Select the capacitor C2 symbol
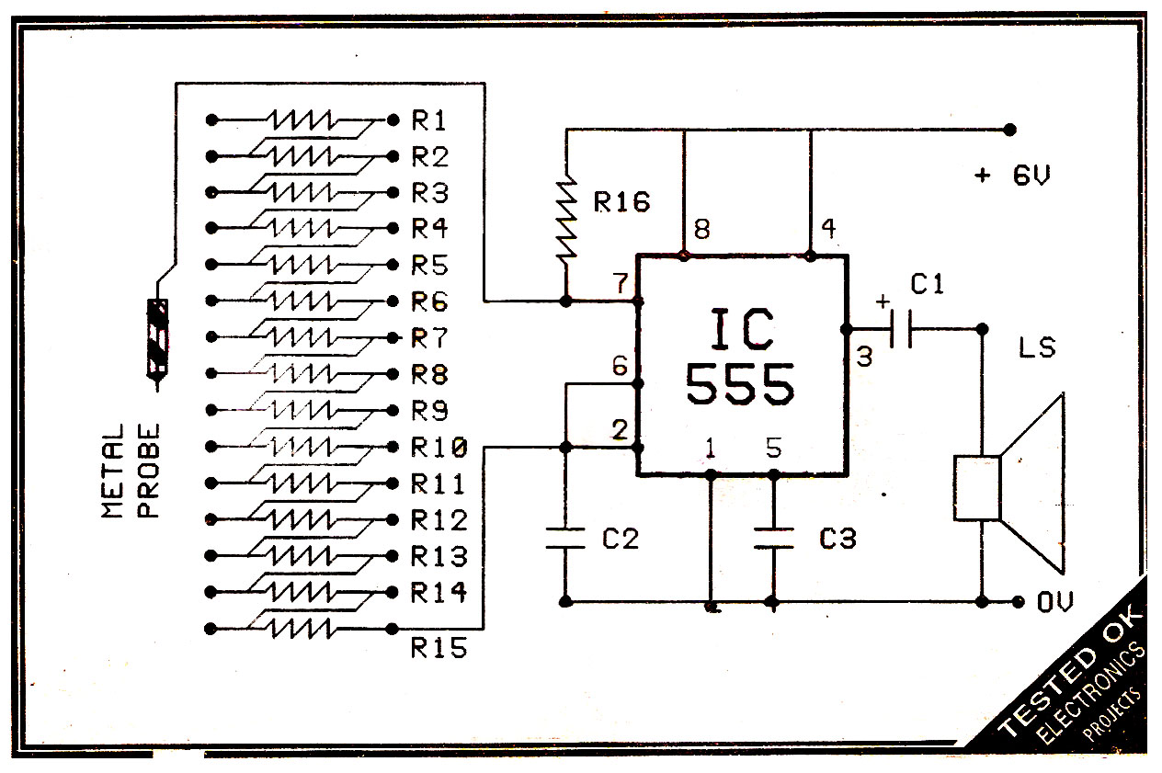point(566,539)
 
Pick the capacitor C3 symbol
point(773,539)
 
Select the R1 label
point(429,120)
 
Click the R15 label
point(439,649)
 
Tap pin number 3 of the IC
point(863,357)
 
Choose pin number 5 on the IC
point(774,449)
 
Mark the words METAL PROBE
point(131,471)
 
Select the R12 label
point(439,521)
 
